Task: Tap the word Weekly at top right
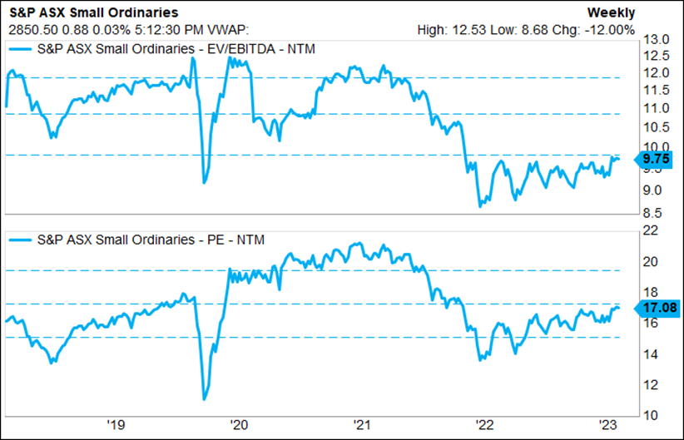coord(611,12)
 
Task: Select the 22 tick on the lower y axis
coord(653,230)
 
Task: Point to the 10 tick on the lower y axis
coord(653,414)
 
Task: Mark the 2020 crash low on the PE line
coord(204,399)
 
